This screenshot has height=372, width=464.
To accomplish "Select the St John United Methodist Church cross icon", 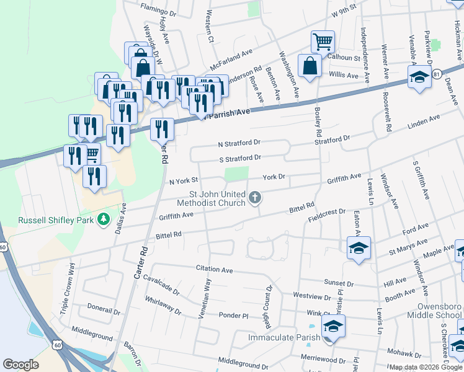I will [x=254, y=198].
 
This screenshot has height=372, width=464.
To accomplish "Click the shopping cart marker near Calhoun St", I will [x=323, y=42].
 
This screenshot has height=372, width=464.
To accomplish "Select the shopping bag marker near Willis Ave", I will [x=310, y=66].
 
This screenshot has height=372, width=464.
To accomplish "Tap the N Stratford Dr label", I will [x=239, y=144].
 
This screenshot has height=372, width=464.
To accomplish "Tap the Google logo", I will [x=21, y=365].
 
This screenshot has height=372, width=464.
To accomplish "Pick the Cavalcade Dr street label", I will [x=161, y=288].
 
